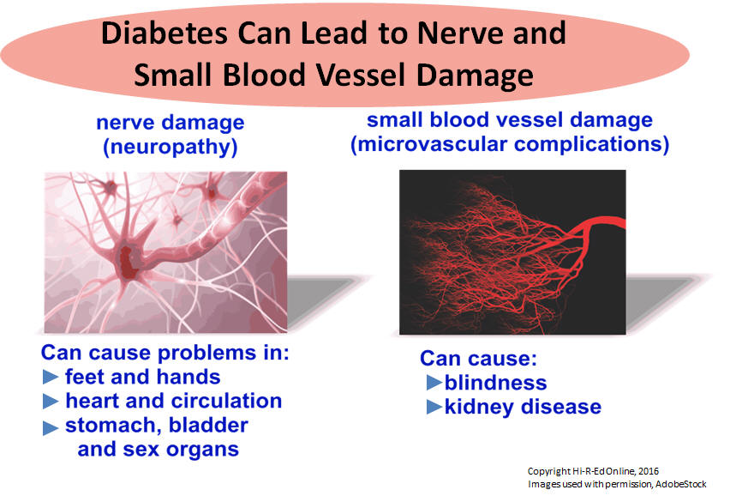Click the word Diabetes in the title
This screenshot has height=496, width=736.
pyautogui.click(x=165, y=33)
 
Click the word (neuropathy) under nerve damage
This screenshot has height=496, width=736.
pyautogui.click(x=170, y=147)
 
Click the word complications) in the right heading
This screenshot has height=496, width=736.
pyautogui.click(x=592, y=144)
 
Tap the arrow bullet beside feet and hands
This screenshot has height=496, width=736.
pyautogui.click(x=51, y=377)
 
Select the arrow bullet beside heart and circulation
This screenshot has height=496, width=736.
pyautogui.click(x=51, y=401)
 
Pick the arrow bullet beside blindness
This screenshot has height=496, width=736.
pyautogui.click(x=434, y=383)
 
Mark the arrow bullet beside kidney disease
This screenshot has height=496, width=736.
pyautogui.click(x=434, y=407)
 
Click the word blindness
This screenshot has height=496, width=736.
pyautogui.click(x=496, y=383)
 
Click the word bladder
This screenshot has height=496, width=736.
pyautogui.click(x=208, y=425)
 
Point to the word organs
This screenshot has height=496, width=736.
pyautogui.click(x=203, y=450)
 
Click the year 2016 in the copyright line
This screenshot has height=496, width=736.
pyautogui.click(x=649, y=471)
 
